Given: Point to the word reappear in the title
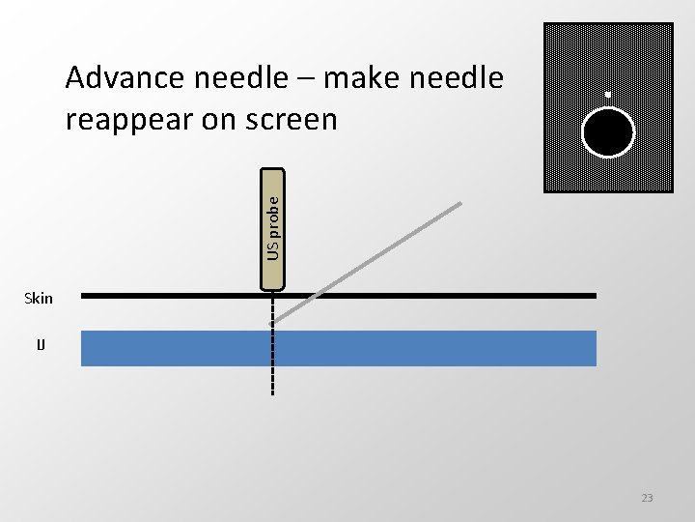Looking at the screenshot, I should pos(131,120).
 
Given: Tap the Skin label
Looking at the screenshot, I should pos(39,298).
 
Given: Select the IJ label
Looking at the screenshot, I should pos(41,344).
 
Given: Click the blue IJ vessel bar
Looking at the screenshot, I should pos(338,348).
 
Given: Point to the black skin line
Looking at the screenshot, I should pos(434,295).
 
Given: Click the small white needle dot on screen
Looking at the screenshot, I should pos(607,95).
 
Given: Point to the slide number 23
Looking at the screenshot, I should pos(647,498).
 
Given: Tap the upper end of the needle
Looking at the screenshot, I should pos(460,204).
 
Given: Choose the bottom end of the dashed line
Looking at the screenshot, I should pos(273,394).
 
